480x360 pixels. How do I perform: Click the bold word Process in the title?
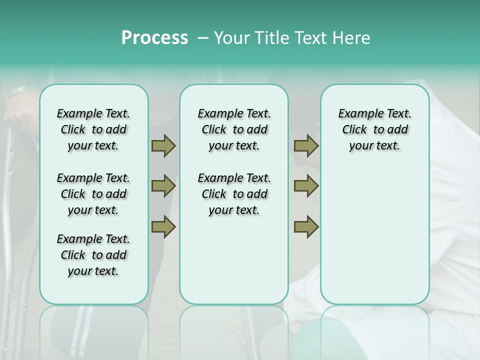click(154, 38)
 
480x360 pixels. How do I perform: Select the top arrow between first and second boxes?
click(163, 146)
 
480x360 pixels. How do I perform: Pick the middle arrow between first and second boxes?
click(163, 186)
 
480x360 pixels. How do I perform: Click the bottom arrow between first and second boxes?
click(163, 226)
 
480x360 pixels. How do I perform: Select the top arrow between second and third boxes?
click(306, 146)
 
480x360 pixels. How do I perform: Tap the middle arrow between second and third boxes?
click(306, 186)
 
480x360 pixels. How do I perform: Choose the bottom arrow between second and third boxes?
click(306, 226)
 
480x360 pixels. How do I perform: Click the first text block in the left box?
click(93, 129)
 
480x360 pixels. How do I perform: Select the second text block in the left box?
click(93, 194)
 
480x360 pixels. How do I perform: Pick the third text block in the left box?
click(93, 255)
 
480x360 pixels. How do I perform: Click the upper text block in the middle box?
click(234, 129)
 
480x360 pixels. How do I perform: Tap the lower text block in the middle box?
click(234, 194)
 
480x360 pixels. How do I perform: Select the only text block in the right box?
click(375, 129)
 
